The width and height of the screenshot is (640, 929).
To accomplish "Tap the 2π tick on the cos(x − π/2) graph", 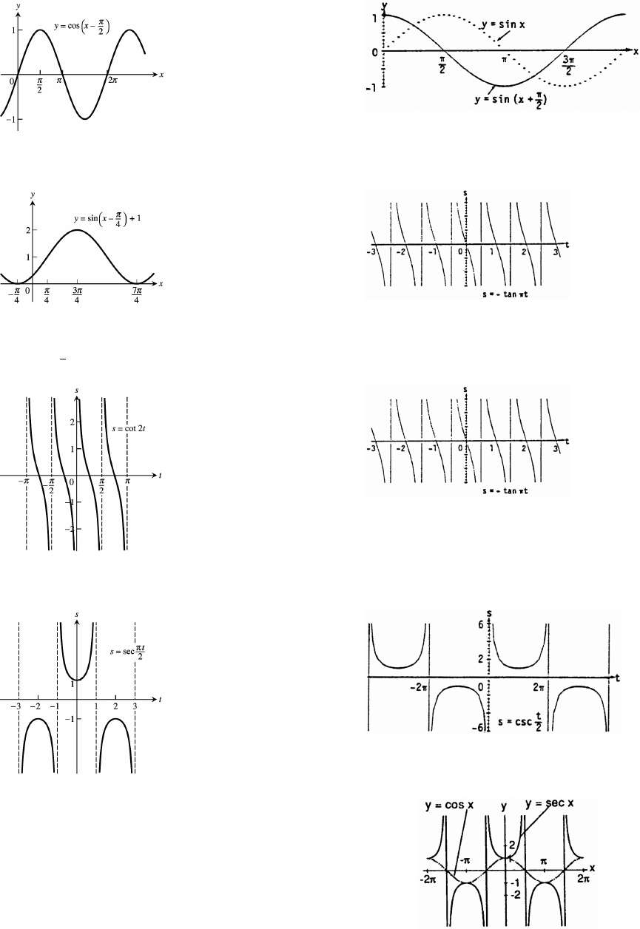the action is pyautogui.click(x=113, y=81).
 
